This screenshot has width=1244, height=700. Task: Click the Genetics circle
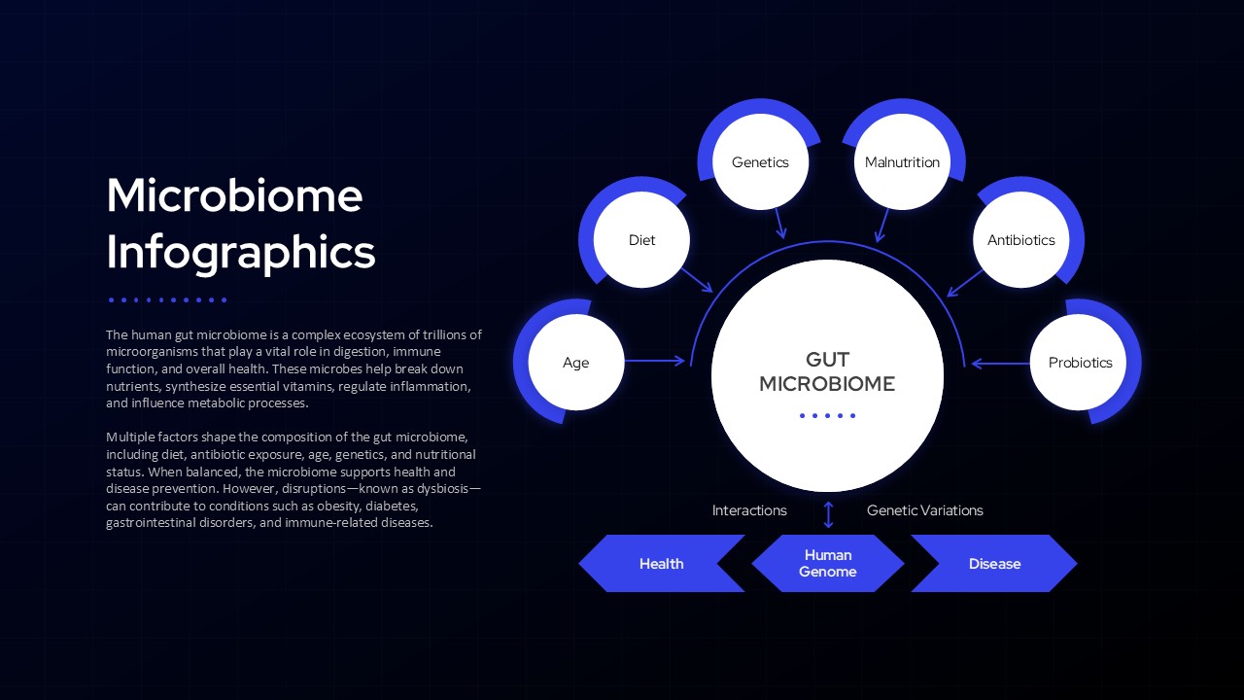pyautogui.click(x=760, y=162)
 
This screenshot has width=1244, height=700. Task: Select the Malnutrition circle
pyautogui.click(x=902, y=162)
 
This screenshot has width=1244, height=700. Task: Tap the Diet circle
pyautogui.click(x=641, y=240)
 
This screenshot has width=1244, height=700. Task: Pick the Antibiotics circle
pyautogui.click(x=1020, y=240)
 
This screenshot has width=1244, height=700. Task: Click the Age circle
pyautogui.click(x=575, y=363)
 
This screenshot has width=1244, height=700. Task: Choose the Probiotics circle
pyautogui.click(x=1080, y=363)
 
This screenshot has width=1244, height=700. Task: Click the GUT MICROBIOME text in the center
pyautogui.click(x=827, y=372)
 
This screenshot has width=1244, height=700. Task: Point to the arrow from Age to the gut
pyautogui.click(x=654, y=362)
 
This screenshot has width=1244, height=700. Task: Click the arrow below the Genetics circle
pyautogui.click(x=779, y=225)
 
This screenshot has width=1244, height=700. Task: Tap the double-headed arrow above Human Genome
pyautogui.click(x=828, y=513)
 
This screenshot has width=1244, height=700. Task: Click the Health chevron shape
pyautogui.click(x=661, y=564)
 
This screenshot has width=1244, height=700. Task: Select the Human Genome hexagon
pyautogui.click(x=828, y=564)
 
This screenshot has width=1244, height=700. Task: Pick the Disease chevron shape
pyautogui.click(x=994, y=564)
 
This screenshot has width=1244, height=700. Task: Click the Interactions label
pyautogui.click(x=749, y=510)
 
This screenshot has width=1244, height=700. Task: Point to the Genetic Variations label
pyautogui.click(x=924, y=510)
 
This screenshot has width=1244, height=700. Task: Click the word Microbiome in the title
pyautogui.click(x=234, y=195)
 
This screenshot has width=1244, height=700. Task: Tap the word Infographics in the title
pyautogui.click(x=240, y=252)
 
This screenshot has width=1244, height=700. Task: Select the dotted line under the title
pyautogui.click(x=167, y=299)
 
